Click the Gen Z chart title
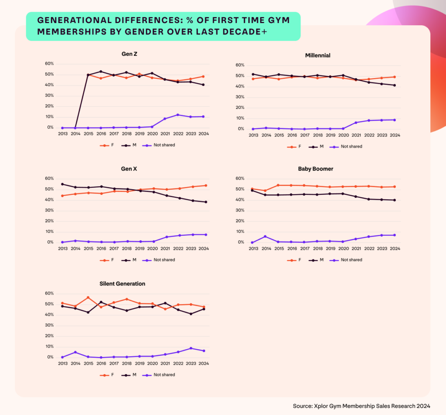point(130,54)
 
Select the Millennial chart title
point(318,55)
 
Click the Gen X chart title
point(130,168)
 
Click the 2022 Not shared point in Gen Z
point(177,115)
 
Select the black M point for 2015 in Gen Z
point(88,75)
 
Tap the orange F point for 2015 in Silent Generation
point(88,297)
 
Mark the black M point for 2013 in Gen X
point(62,184)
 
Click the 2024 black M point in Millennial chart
point(395,85)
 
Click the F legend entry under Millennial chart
point(296,146)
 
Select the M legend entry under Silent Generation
point(131,374)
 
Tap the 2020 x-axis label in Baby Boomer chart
point(343,249)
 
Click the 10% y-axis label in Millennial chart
point(240,118)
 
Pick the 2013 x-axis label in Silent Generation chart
point(62,364)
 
